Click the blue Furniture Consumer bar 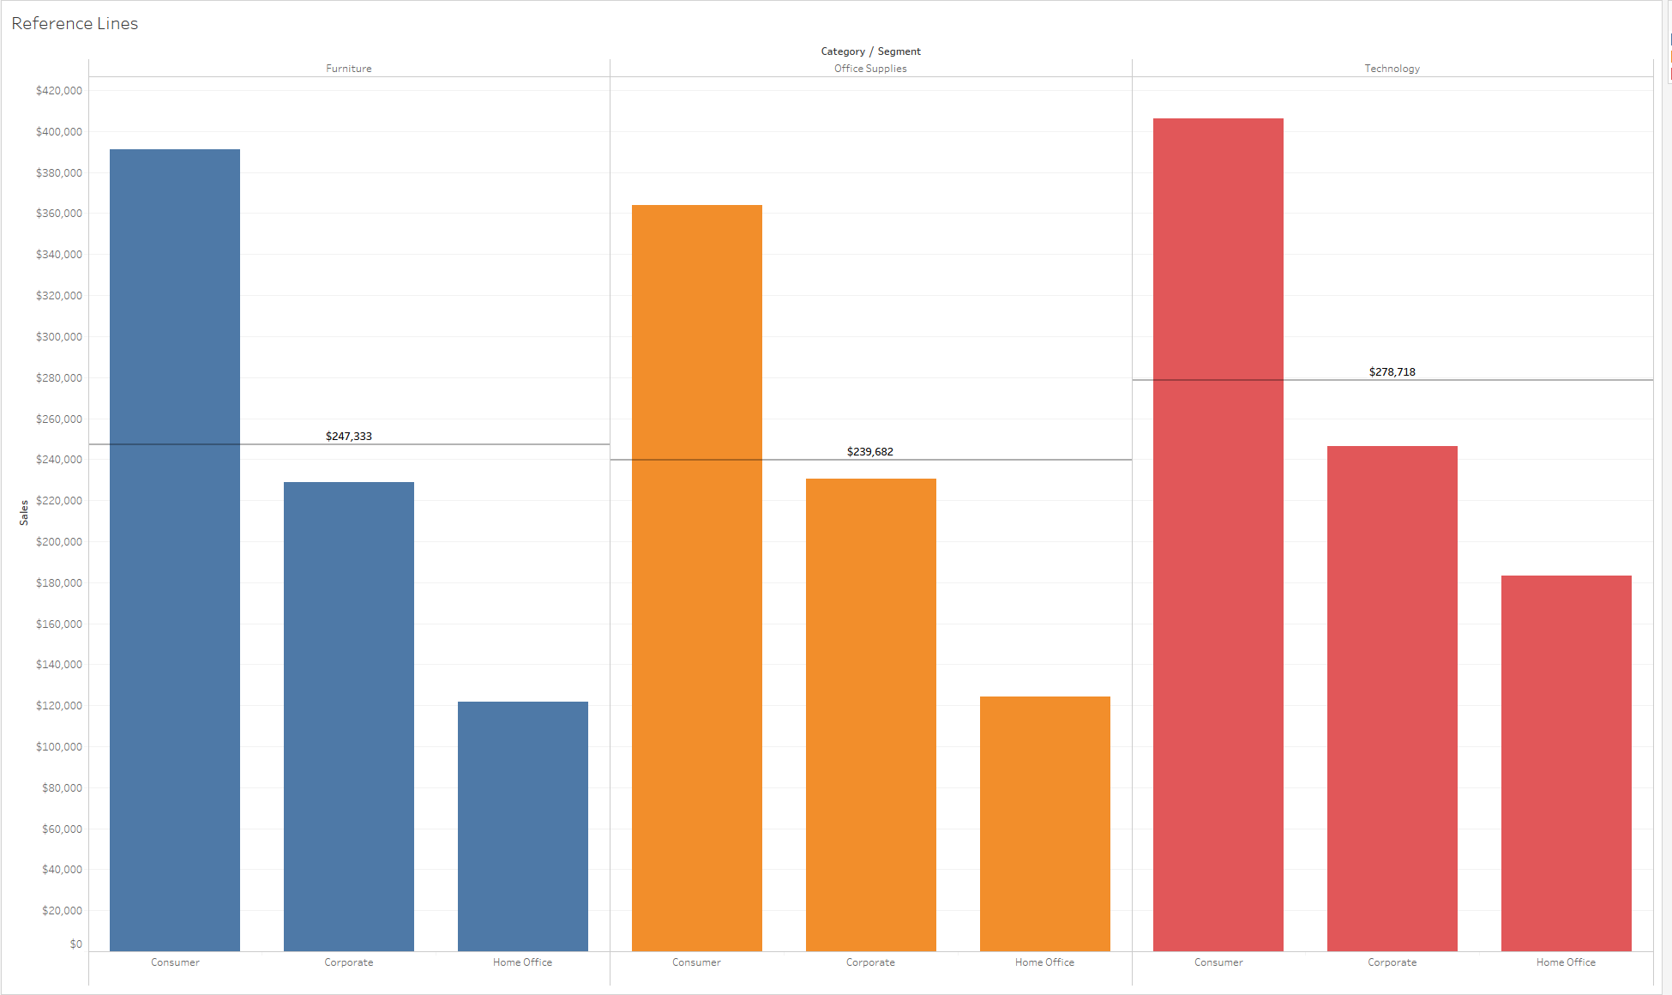click(175, 549)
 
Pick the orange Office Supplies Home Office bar click(1044, 823)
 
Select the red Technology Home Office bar click(1566, 763)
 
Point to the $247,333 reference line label click(349, 437)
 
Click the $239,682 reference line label click(870, 452)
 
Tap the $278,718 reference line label click(1392, 372)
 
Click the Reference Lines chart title click(75, 24)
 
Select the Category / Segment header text click(870, 51)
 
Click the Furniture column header click(349, 69)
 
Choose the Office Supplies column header click(870, 69)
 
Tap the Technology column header click(1392, 69)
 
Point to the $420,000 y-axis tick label click(59, 91)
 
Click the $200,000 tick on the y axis click(59, 542)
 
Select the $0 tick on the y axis click(76, 944)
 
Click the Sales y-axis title click(24, 513)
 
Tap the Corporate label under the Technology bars click(1392, 962)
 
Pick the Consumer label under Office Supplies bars click(696, 962)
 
